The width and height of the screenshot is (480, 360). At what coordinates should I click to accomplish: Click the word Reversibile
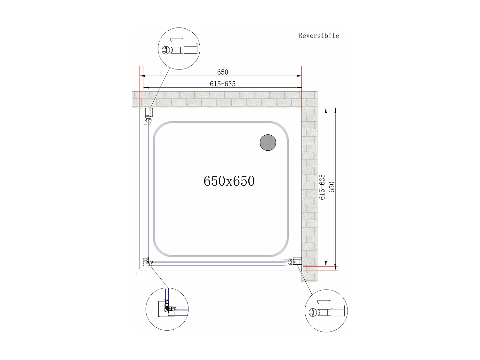coord(319,36)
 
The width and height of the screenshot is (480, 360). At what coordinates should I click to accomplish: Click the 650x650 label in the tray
coord(229,181)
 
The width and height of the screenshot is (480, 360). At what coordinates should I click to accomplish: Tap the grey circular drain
coord(268,142)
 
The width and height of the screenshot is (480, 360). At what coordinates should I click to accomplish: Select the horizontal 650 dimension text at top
coord(222,72)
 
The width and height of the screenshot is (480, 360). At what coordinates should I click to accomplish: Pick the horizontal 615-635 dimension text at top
coord(222,84)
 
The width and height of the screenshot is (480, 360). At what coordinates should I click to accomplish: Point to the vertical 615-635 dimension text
coord(322,187)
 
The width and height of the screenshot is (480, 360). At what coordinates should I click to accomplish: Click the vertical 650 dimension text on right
coord(332,187)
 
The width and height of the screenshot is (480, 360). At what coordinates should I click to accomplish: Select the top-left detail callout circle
coord(179,49)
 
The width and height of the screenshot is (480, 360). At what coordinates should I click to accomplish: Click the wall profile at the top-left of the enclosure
coord(149,113)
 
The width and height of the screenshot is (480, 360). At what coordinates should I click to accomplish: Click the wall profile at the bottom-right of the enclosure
coord(297,261)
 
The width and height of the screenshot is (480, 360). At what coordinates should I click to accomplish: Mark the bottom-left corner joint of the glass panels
coord(148,262)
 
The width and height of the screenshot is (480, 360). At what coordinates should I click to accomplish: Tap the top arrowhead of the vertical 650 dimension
coord(335,111)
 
